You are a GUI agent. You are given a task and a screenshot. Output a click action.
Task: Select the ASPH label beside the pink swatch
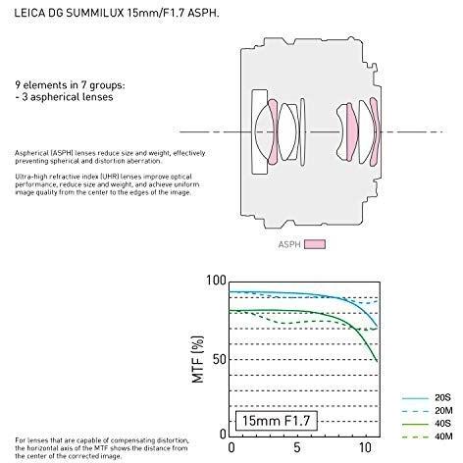[288, 245]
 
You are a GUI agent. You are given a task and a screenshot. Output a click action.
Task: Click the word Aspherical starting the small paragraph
[35, 153]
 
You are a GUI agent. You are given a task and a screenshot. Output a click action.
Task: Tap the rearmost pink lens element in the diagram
[365, 128]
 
